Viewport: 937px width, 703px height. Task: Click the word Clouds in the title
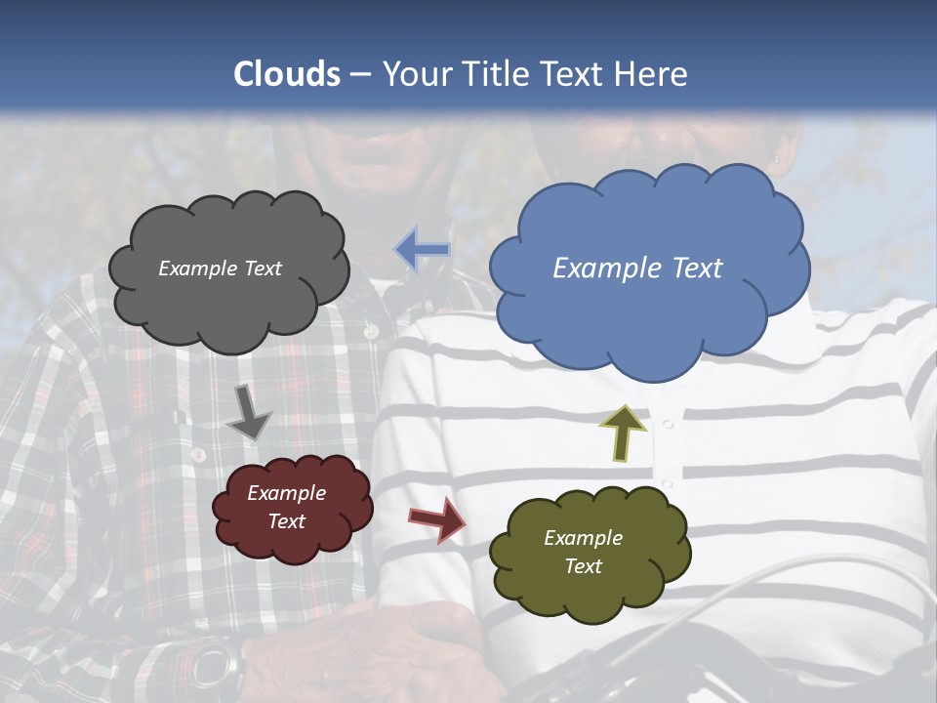tap(287, 73)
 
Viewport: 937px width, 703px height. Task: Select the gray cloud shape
tap(228, 303)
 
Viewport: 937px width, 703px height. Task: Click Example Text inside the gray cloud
tap(220, 269)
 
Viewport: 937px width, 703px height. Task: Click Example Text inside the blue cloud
tap(637, 269)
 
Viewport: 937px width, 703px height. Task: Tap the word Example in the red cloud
tap(286, 493)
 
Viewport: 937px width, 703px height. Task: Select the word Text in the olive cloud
tap(583, 566)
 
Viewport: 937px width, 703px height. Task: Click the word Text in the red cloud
tap(286, 521)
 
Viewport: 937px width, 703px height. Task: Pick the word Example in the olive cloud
tap(583, 538)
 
